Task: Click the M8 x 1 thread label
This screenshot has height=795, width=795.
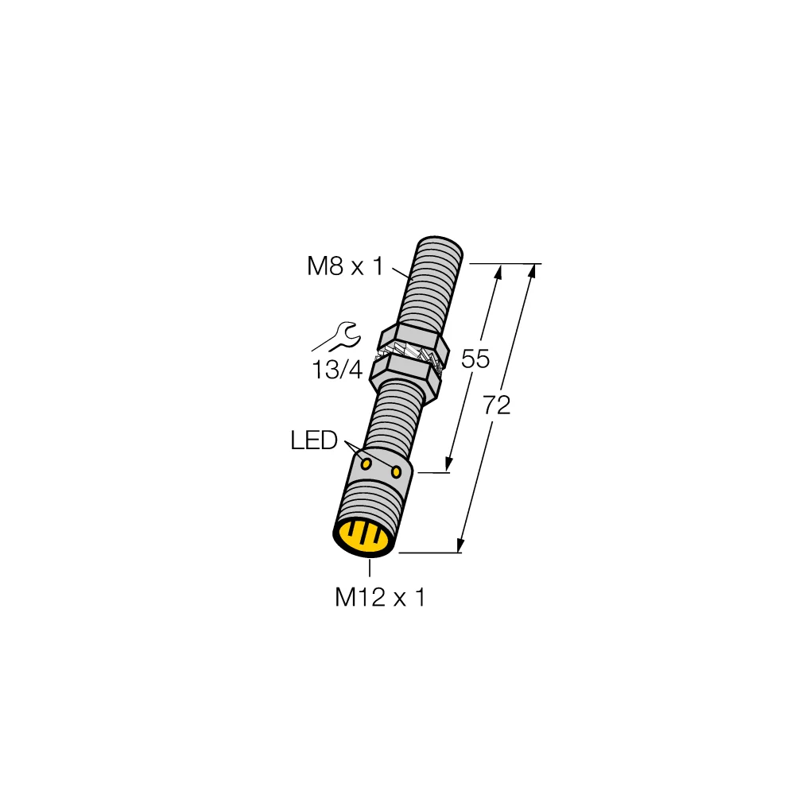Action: click(x=344, y=267)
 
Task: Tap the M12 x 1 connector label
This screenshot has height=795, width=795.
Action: click(x=380, y=597)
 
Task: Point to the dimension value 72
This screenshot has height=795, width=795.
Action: click(x=496, y=405)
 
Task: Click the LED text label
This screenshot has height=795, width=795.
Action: click(x=314, y=440)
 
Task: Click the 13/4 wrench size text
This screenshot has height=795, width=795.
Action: click(x=337, y=370)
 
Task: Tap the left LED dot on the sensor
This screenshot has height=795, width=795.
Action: click(x=366, y=463)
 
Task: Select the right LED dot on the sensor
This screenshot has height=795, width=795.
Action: click(x=396, y=473)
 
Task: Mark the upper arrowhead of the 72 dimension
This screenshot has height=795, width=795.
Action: click(x=532, y=272)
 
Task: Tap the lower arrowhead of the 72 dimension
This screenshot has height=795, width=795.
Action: click(x=460, y=545)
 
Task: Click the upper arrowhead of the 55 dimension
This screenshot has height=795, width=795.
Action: click(x=499, y=273)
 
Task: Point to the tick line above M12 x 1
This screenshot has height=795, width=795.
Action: click(x=370, y=568)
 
